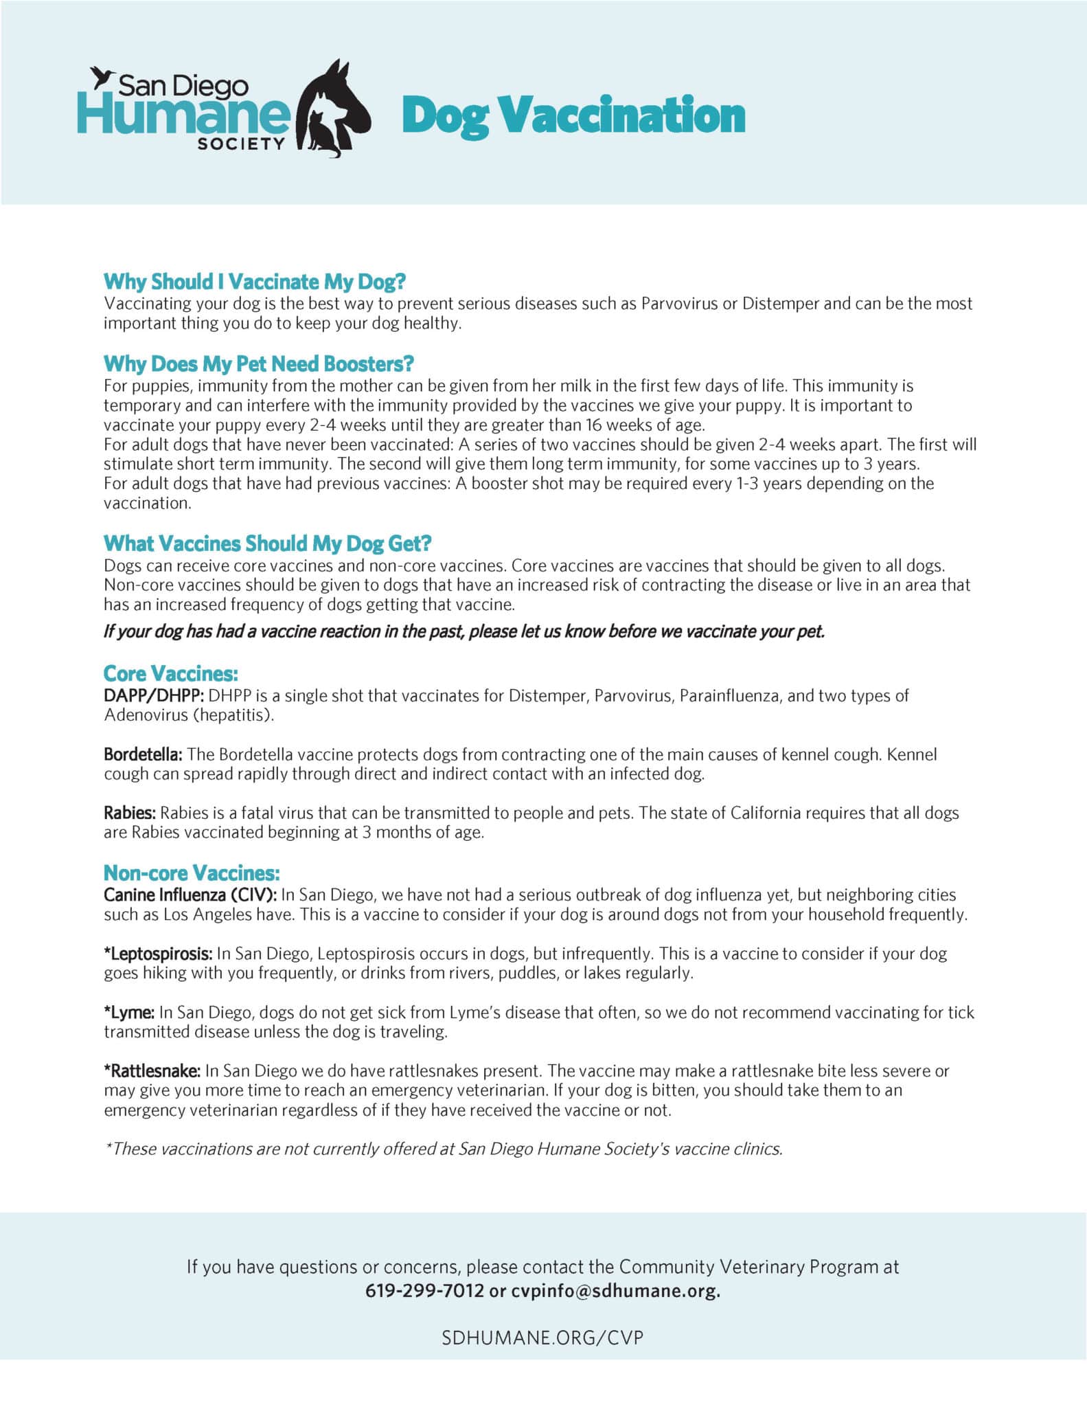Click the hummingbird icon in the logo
(x=102, y=76)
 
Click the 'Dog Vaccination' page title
(x=573, y=115)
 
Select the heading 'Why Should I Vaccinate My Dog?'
(x=255, y=282)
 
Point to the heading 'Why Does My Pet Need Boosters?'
(x=259, y=363)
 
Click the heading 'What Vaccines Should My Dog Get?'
(x=267, y=543)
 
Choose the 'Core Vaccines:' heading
(x=170, y=673)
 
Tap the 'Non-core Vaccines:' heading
(x=192, y=873)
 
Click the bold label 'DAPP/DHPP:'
(x=154, y=695)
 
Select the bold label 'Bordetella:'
(x=143, y=754)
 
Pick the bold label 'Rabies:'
(x=130, y=813)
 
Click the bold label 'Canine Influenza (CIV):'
(x=190, y=894)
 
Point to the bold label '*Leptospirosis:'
(x=158, y=953)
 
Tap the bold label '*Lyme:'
(x=129, y=1012)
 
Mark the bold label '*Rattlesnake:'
(x=152, y=1070)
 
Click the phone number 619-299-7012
(x=424, y=1290)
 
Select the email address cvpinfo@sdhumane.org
(x=615, y=1290)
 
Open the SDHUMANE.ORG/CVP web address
(x=542, y=1338)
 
